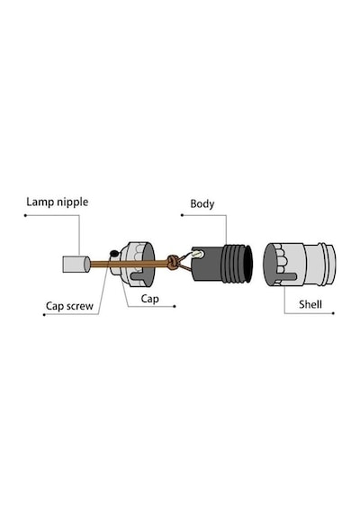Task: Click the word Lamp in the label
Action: pyautogui.click(x=40, y=202)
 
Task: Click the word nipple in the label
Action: pyautogui.click(x=73, y=202)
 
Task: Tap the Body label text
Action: pyautogui.click(x=202, y=204)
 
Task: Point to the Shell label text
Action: pyautogui.click(x=310, y=304)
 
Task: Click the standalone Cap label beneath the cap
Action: pyautogui.click(x=150, y=299)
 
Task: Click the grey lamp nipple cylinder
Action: pyautogui.click(x=76, y=265)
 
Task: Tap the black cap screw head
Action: pyautogui.click(x=114, y=253)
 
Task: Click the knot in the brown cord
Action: pyautogui.click(x=172, y=262)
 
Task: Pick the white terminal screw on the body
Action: pyautogui.click(x=198, y=253)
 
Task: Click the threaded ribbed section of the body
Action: pyautogui.click(x=233, y=264)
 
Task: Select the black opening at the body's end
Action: pyautogui.click(x=248, y=264)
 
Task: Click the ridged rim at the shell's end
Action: pyautogui.click(x=327, y=264)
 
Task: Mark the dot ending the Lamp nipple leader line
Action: pyautogui.click(x=25, y=215)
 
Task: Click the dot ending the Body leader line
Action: pyautogui.click(x=182, y=215)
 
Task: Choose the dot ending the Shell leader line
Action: pyautogui.click(x=333, y=313)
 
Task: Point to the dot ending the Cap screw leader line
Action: pyautogui.click(x=44, y=315)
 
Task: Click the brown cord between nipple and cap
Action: pyautogui.click(x=100, y=264)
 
